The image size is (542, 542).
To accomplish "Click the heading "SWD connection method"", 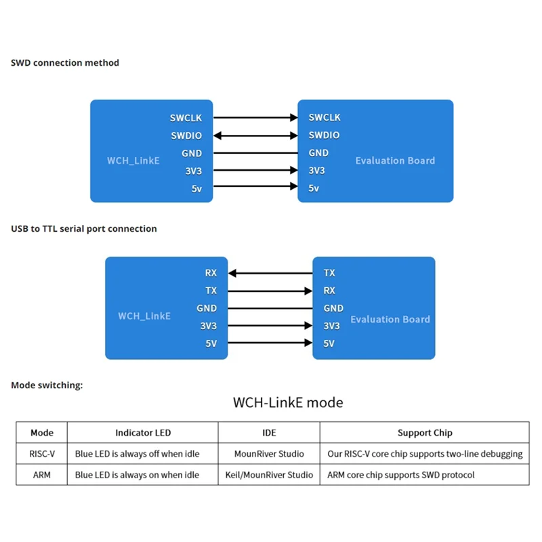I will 65,63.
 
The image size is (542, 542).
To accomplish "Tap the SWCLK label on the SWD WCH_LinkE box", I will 186,118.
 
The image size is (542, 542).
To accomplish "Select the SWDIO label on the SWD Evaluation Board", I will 324,135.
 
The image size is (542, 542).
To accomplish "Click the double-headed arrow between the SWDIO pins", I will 255,135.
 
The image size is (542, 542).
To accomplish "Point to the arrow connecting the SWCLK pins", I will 255,118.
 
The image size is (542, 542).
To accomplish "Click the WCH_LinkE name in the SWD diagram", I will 133,161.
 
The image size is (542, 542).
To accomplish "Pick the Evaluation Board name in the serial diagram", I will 390,319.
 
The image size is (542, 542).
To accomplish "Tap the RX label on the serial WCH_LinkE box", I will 211,273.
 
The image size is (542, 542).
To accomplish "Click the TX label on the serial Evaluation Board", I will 329,273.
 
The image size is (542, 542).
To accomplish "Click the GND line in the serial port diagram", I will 270,308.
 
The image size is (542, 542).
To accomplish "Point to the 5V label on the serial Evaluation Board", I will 329,343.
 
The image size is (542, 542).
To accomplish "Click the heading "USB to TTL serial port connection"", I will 84,229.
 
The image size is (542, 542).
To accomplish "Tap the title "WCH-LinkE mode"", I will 288,402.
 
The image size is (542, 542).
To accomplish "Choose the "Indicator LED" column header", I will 143,433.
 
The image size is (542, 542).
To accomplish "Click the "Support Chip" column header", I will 424,433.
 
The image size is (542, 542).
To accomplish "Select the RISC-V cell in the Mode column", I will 42,454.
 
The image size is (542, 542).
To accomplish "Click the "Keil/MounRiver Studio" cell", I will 269,475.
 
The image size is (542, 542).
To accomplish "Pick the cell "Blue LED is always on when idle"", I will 138,475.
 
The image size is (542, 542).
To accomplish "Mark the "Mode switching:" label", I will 47,385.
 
